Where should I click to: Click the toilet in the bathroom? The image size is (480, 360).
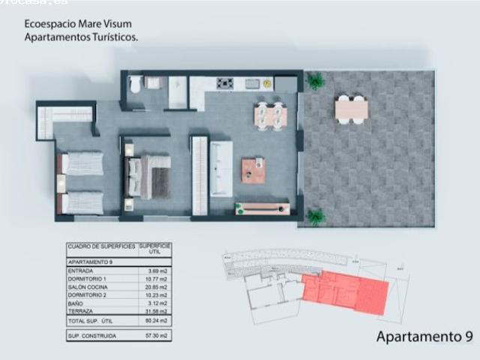click(x=135, y=85)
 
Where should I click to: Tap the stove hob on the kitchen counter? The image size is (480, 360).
click(x=225, y=83)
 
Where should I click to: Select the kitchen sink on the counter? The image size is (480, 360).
click(x=251, y=84)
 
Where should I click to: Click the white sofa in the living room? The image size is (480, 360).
click(x=221, y=167)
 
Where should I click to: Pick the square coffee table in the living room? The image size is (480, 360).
click(x=253, y=170)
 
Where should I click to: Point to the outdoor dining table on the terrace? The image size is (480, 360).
click(x=351, y=109)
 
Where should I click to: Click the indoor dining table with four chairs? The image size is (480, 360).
click(x=270, y=115)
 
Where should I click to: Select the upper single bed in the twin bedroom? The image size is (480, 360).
click(x=81, y=163)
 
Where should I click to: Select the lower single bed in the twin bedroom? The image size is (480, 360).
click(x=81, y=202)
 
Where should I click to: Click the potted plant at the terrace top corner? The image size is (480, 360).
click(x=315, y=79)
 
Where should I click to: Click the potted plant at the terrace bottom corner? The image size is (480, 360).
click(x=316, y=217)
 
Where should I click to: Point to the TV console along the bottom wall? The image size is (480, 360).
click(x=262, y=208)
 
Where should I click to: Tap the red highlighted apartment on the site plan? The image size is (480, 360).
click(x=345, y=291)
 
